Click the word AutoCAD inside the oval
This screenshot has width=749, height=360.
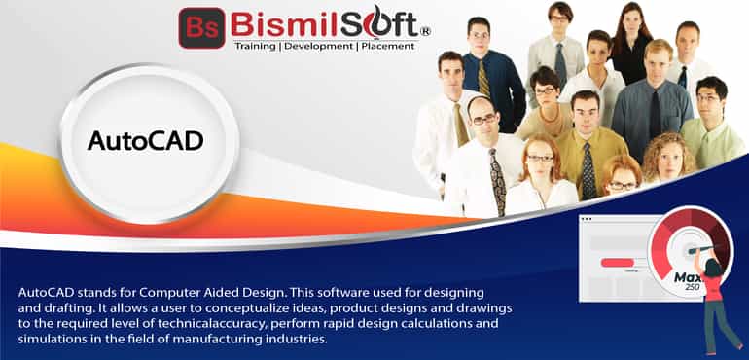pyautogui.click(x=145, y=140)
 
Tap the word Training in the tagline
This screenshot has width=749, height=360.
pyautogui.click(x=259, y=45)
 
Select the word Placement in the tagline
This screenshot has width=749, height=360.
pyautogui.click(x=394, y=45)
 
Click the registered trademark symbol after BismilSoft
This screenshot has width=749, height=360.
pyautogui.click(x=424, y=31)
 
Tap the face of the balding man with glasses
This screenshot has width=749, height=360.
pyautogui.click(x=482, y=123)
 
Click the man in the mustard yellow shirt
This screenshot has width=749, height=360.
pyautogui.click(x=584, y=146)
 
